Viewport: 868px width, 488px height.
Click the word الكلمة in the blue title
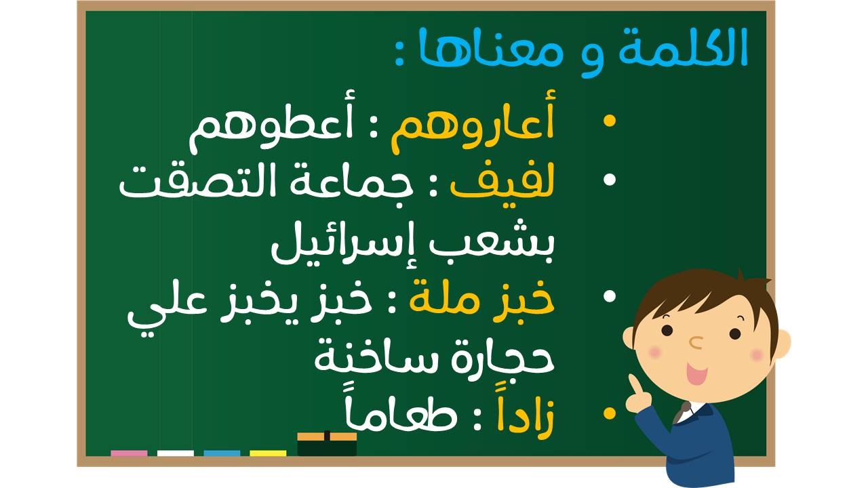point(683,48)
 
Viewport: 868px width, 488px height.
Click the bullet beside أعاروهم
point(610,121)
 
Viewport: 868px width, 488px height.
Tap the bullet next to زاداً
point(610,413)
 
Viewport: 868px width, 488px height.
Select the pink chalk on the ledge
point(129,453)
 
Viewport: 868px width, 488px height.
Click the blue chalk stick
point(222,453)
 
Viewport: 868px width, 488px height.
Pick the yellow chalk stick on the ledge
point(268,453)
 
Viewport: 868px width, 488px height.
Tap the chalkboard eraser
point(327,444)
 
